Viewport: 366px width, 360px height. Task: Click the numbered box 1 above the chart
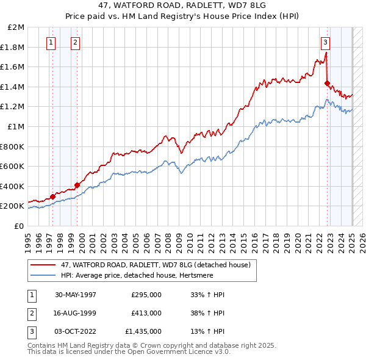pos(50,43)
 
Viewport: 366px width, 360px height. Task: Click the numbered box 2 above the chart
pos(74,43)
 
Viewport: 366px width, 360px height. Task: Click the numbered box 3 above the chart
pos(326,43)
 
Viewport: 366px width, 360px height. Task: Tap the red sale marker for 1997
pos(53,196)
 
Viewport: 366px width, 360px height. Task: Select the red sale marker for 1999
pos(77,185)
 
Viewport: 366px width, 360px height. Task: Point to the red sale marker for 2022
pos(328,83)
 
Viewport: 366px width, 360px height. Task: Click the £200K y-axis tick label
pos(12,206)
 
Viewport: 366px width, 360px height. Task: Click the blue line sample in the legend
pos(43,275)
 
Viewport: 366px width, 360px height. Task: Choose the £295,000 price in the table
pos(146,294)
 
